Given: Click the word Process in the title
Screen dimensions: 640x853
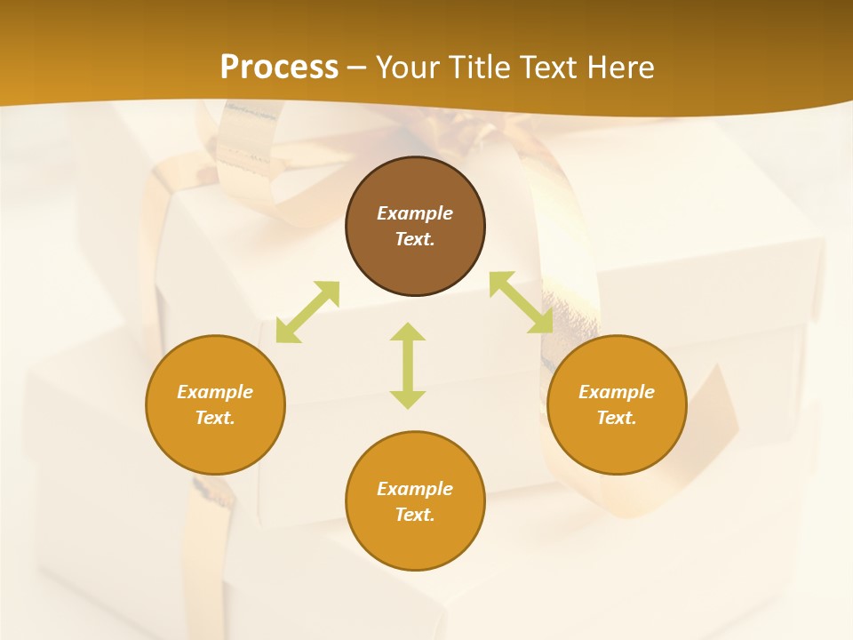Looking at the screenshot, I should (x=279, y=68).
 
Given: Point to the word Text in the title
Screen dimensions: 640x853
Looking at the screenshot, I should (x=550, y=68).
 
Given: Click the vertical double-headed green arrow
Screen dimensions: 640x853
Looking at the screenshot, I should (x=408, y=365).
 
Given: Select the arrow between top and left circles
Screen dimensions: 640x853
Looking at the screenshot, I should (x=307, y=312).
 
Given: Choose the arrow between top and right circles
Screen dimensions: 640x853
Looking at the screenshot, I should (x=521, y=303).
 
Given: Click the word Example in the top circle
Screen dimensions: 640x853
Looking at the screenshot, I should (x=415, y=213).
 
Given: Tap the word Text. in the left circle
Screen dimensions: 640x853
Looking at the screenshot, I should (x=215, y=418).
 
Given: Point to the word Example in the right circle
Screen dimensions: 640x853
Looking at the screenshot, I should (x=617, y=392).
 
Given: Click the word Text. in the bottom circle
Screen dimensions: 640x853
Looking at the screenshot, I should (x=415, y=515).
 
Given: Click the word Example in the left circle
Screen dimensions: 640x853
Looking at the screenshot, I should (x=215, y=392).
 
